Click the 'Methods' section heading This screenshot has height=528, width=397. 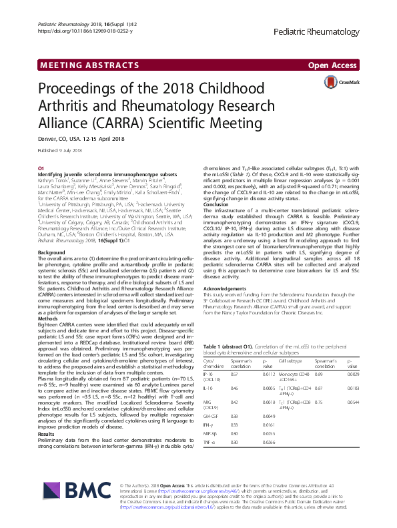[49, 319]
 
